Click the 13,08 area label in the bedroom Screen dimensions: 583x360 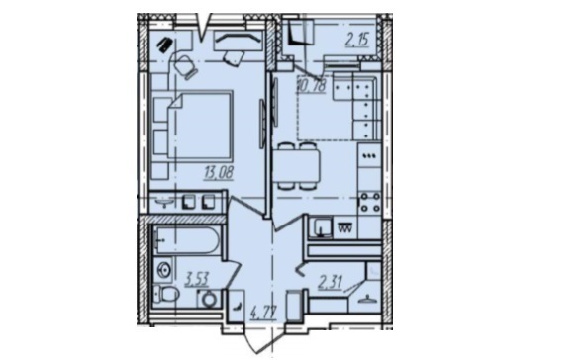218,173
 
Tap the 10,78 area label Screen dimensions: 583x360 311,85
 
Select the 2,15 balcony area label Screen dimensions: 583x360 357,40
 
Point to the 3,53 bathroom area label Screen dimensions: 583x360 197,279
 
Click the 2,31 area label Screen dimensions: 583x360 331,282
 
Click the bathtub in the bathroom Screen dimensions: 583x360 187,240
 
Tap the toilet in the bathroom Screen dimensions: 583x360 166,295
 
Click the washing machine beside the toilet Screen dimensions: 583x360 209,298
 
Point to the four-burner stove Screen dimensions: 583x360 369,203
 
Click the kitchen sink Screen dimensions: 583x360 320,227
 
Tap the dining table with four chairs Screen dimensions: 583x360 299,166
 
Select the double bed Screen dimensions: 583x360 199,125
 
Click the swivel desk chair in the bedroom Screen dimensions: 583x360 185,66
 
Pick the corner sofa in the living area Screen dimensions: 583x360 357,106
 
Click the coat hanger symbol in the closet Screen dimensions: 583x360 368,300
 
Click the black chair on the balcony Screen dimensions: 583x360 299,33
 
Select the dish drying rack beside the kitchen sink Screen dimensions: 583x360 344,227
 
